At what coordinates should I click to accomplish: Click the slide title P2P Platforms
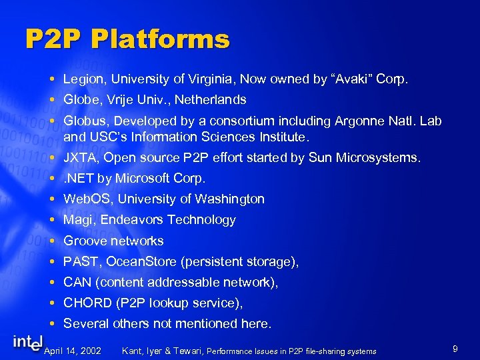(x=127, y=40)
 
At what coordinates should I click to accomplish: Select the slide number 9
(x=454, y=348)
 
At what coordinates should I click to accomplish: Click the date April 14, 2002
(x=72, y=351)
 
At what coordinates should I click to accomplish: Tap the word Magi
(x=77, y=220)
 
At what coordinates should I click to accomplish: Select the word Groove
(x=85, y=241)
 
